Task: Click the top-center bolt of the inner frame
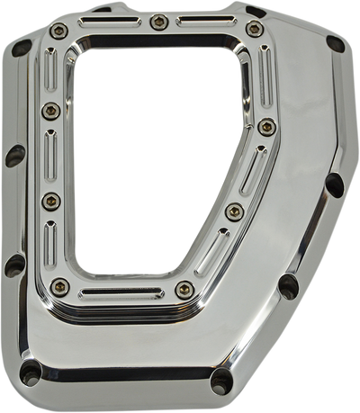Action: tap(158, 21)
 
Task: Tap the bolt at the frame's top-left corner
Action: tap(59, 31)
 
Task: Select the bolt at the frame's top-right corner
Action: tap(255, 30)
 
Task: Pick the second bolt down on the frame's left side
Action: tap(49, 111)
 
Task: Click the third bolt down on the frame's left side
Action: tap(50, 200)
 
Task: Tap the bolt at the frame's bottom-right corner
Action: tap(184, 289)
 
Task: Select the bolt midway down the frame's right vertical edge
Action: tap(265, 127)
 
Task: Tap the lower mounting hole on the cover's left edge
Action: tap(13, 265)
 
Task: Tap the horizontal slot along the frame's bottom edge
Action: tap(121, 293)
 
